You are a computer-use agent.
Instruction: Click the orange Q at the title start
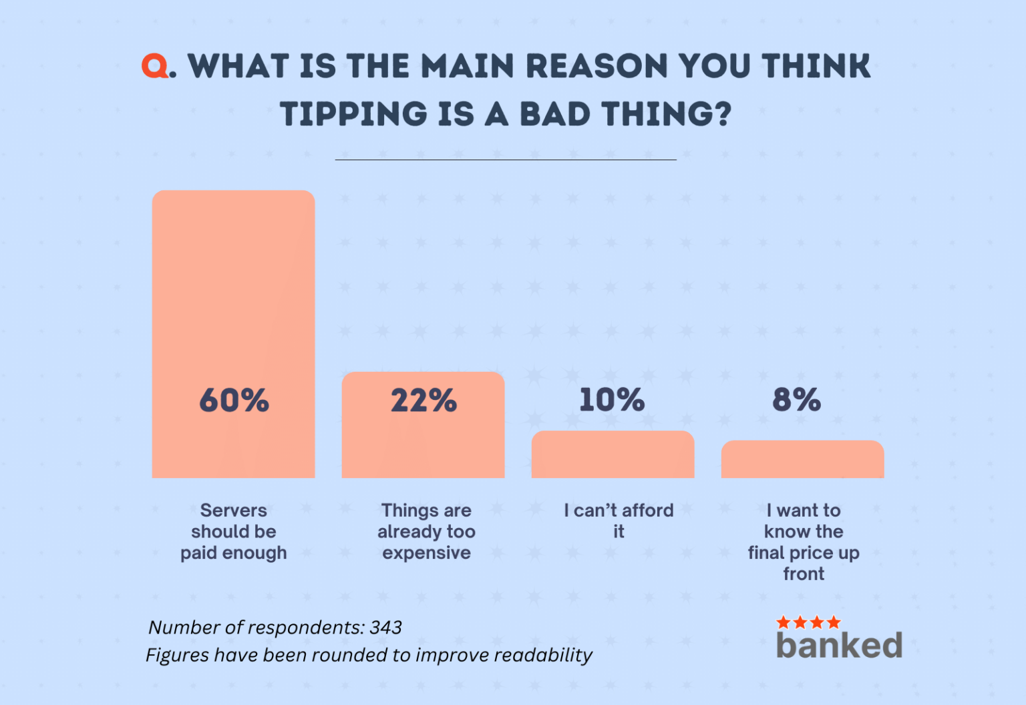(x=155, y=66)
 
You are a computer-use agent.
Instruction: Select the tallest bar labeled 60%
(x=233, y=300)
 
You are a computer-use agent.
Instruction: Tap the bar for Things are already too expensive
(x=423, y=441)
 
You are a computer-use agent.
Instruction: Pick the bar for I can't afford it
(x=613, y=455)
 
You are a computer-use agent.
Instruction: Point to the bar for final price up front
(x=802, y=460)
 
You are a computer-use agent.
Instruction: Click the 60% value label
(x=234, y=401)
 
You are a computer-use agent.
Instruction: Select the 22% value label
(x=423, y=401)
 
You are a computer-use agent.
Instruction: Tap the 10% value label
(x=612, y=400)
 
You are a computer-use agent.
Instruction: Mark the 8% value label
(x=796, y=400)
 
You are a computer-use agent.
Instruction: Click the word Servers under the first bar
(x=233, y=511)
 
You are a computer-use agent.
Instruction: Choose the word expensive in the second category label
(x=426, y=553)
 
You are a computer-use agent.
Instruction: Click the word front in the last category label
(x=804, y=574)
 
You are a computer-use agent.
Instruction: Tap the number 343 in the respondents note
(x=385, y=628)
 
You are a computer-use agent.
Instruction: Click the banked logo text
(x=839, y=646)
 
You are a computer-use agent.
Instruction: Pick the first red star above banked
(x=784, y=623)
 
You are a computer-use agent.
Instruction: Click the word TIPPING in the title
(x=353, y=114)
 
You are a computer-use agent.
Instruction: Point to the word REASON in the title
(x=596, y=66)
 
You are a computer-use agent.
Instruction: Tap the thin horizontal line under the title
(x=506, y=160)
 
